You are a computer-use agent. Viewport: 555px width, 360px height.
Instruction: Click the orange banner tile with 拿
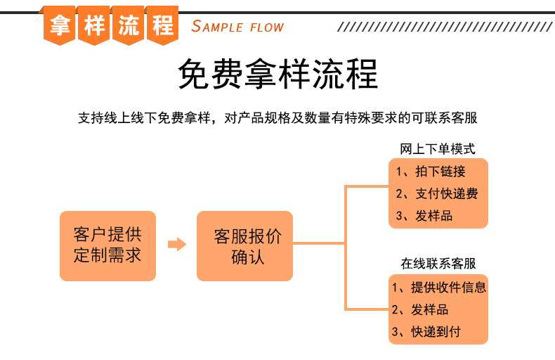click(x=60, y=25)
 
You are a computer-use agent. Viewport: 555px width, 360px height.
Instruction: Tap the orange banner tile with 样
click(x=94, y=25)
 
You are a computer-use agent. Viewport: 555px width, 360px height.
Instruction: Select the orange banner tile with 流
click(x=128, y=25)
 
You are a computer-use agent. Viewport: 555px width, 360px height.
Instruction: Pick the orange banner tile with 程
click(x=162, y=25)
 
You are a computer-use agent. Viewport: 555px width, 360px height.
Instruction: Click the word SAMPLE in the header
click(x=217, y=27)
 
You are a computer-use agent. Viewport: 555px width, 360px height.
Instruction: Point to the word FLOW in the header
click(x=267, y=27)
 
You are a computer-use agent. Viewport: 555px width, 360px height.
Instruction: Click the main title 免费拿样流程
click(x=278, y=74)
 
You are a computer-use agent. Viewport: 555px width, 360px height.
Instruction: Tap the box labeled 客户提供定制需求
click(x=108, y=246)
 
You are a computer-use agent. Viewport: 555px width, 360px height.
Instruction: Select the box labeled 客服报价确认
click(x=244, y=246)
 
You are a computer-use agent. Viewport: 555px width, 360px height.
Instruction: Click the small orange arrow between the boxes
click(x=177, y=244)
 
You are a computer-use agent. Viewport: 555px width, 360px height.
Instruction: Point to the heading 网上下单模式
click(x=438, y=149)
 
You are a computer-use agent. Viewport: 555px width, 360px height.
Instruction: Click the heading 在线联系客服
click(x=438, y=264)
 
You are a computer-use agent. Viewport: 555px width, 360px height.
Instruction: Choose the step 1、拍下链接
click(x=431, y=172)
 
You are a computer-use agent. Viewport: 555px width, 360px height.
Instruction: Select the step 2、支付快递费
click(x=437, y=193)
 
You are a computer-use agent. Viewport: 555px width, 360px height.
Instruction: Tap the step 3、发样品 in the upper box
click(x=424, y=216)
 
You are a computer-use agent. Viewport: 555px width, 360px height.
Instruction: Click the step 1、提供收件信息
click(x=439, y=288)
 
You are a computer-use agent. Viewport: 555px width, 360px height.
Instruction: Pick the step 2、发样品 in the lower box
click(x=420, y=309)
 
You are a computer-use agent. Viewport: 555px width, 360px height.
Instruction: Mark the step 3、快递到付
click(x=426, y=332)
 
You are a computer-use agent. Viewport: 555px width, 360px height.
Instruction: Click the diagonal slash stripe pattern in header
click(x=445, y=27)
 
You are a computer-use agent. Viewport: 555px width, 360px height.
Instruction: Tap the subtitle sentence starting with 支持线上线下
click(x=278, y=118)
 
